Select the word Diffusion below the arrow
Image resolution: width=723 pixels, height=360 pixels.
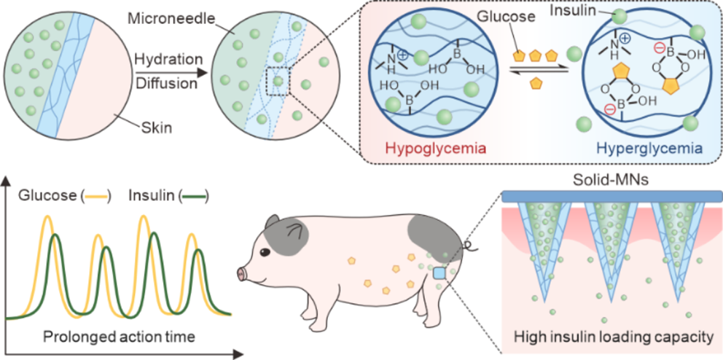click(166, 84)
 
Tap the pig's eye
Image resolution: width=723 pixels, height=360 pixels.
click(265, 253)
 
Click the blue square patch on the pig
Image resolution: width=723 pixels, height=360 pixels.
click(439, 274)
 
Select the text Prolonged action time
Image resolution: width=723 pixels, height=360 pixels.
click(120, 337)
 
